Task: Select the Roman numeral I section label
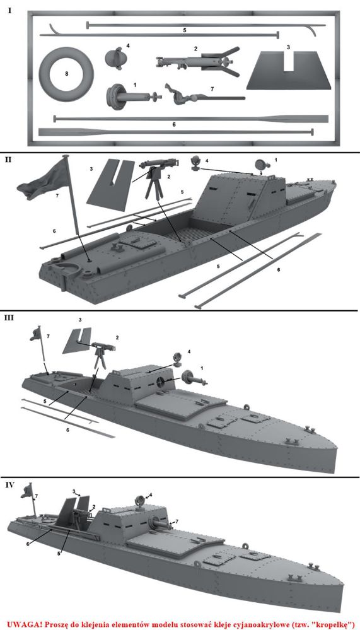click(9, 11)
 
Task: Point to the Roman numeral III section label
click(9, 318)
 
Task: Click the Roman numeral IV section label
click(9, 484)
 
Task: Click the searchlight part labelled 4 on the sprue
click(113, 58)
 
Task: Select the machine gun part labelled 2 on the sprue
click(198, 61)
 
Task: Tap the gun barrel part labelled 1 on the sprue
click(132, 97)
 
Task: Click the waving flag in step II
click(46, 181)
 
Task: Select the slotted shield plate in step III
click(76, 341)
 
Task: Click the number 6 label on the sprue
click(173, 125)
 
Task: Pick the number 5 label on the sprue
click(185, 30)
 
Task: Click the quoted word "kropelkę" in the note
click(332, 623)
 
